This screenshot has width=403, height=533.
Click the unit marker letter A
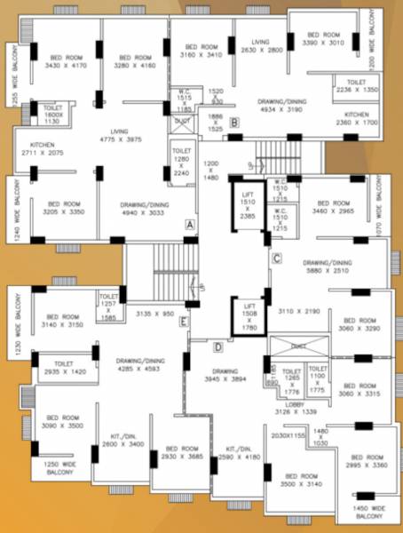[189, 225]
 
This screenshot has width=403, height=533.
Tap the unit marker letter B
[233, 122]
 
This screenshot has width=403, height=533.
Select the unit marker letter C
[276, 259]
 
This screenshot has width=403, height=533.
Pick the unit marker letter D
[217, 346]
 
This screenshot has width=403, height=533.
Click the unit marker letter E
[184, 321]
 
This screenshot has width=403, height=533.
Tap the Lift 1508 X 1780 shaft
[249, 314]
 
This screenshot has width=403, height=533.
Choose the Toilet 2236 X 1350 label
[357, 86]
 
